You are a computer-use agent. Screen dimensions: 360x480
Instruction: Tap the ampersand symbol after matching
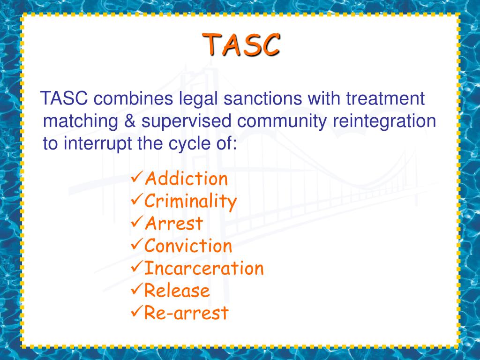[129, 121]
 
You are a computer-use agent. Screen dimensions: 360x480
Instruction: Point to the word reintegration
[384, 121]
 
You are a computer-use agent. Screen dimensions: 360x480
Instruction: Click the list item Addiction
[186, 179]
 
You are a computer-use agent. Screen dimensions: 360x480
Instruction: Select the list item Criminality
[190, 201]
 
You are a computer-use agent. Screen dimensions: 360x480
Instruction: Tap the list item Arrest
[173, 224]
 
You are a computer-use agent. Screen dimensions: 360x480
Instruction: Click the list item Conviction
[188, 246]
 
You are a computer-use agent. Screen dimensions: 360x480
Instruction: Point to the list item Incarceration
[204, 268]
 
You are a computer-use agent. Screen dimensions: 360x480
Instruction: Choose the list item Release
[177, 291]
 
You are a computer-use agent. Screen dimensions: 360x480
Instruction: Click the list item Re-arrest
[186, 313]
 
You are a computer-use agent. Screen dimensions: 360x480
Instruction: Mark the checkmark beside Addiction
[136, 178]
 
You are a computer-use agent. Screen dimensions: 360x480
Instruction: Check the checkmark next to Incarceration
[136, 268]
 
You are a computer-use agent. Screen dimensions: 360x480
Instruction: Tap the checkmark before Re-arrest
[136, 312]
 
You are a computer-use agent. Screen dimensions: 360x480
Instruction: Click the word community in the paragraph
[283, 121]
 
